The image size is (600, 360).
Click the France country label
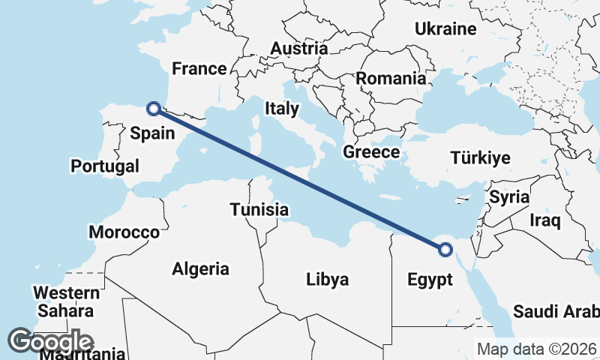(199, 69)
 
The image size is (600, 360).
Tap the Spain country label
(152, 133)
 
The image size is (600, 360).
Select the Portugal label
(105, 166)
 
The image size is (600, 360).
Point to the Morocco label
(124, 232)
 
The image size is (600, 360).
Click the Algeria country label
(200, 268)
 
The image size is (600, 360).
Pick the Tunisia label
(259, 209)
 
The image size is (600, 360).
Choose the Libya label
(328, 280)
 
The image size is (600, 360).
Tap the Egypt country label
(430, 280)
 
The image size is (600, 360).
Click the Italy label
(281, 109)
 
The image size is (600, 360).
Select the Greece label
(371, 152)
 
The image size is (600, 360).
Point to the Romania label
(391, 78)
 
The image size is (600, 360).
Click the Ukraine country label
(445, 29)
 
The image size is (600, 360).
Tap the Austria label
(298, 49)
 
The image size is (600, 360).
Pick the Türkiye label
(480, 158)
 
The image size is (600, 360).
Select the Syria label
(509, 197)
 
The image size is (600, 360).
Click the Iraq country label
(545, 220)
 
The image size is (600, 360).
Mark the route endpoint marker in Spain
(154, 109)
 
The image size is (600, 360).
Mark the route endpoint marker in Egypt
(445, 250)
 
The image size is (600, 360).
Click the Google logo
(51, 341)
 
